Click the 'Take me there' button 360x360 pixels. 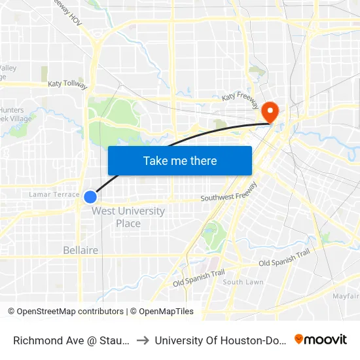[180, 161]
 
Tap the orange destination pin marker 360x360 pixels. [270, 111]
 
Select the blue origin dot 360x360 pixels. [90, 196]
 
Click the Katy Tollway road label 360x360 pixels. [67, 84]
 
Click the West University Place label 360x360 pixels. [128, 217]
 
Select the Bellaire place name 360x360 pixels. [81, 250]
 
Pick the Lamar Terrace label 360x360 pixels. [54, 194]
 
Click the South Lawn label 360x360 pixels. [243, 282]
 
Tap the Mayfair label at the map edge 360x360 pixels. [346, 296]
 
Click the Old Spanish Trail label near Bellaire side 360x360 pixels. [198, 278]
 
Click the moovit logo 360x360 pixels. [321, 340]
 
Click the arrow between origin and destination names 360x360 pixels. [141, 340]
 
